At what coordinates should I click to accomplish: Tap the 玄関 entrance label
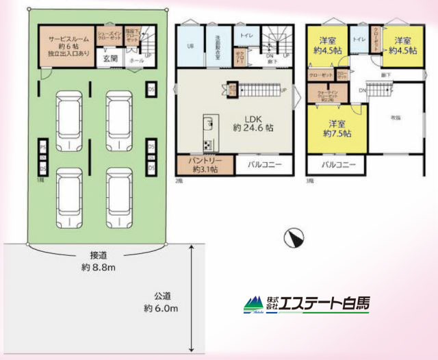click(x=110, y=59)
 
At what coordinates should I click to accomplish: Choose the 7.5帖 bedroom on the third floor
click(x=335, y=128)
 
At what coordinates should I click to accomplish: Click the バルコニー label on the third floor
click(x=336, y=164)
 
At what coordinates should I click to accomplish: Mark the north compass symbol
click(x=294, y=237)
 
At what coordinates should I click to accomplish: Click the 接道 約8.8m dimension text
click(x=96, y=262)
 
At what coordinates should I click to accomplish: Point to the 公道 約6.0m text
click(x=162, y=303)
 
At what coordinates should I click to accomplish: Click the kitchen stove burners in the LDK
click(x=207, y=144)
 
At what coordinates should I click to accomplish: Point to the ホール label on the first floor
click(x=136, y=61)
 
